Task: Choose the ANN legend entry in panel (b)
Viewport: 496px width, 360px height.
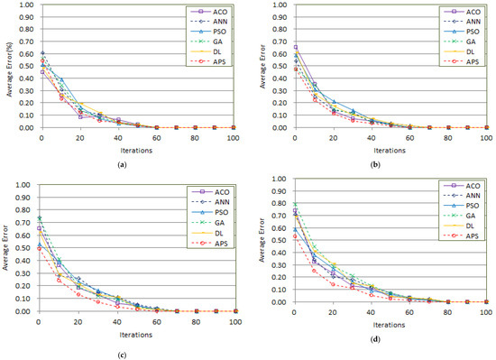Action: [468, 23]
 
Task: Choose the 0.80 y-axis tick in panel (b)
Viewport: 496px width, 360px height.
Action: [280, 30]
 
